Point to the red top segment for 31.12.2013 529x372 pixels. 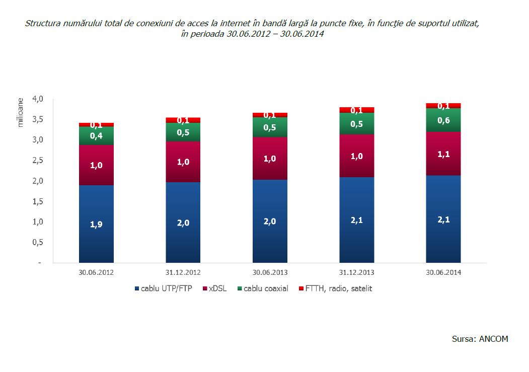(x=357, y=110)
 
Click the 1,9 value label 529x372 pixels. (x=96, y=225)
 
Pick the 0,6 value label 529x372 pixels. (x=443, y=120)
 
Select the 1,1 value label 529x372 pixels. (x=443, y=154)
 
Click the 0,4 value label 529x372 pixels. (x=96, y=136)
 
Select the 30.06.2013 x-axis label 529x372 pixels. (x=270, y=272)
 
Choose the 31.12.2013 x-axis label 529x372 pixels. (x=357, y=272)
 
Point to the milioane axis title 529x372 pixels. (x=21, y=113)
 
